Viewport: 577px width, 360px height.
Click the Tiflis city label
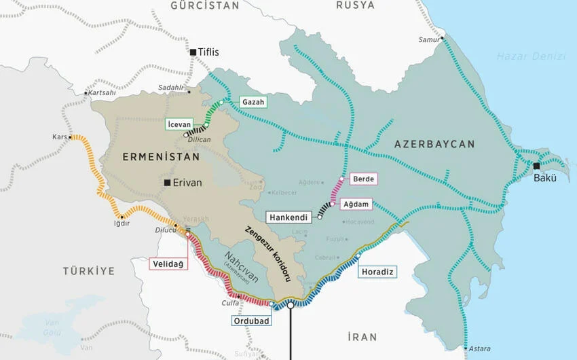click(x=209, y=52)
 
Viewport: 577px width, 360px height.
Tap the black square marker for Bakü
click(x=536, y=166)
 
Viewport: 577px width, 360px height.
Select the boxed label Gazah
click(x=253, y=102)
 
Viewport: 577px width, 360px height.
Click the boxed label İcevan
click(x=179, y=124)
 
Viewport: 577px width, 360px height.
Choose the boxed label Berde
click(x=362, y=179)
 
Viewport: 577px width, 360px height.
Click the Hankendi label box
click(x=288, y=218)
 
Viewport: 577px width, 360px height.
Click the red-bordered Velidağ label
click(x=168, y=264)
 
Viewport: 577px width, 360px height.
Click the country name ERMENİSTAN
click(x=161, y=157)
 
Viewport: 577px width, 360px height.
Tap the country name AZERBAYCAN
click(x=434, y=144)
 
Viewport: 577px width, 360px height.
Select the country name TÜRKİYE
click(x=89, y=270)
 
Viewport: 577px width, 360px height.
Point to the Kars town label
click(x=59, y=137)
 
